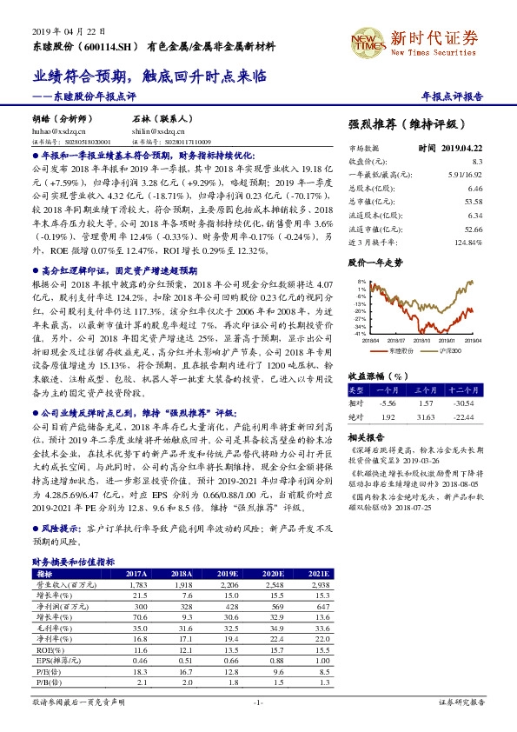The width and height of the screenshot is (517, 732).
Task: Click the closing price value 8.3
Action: pos(477,161)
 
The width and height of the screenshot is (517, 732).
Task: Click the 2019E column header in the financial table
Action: pos(229,574)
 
